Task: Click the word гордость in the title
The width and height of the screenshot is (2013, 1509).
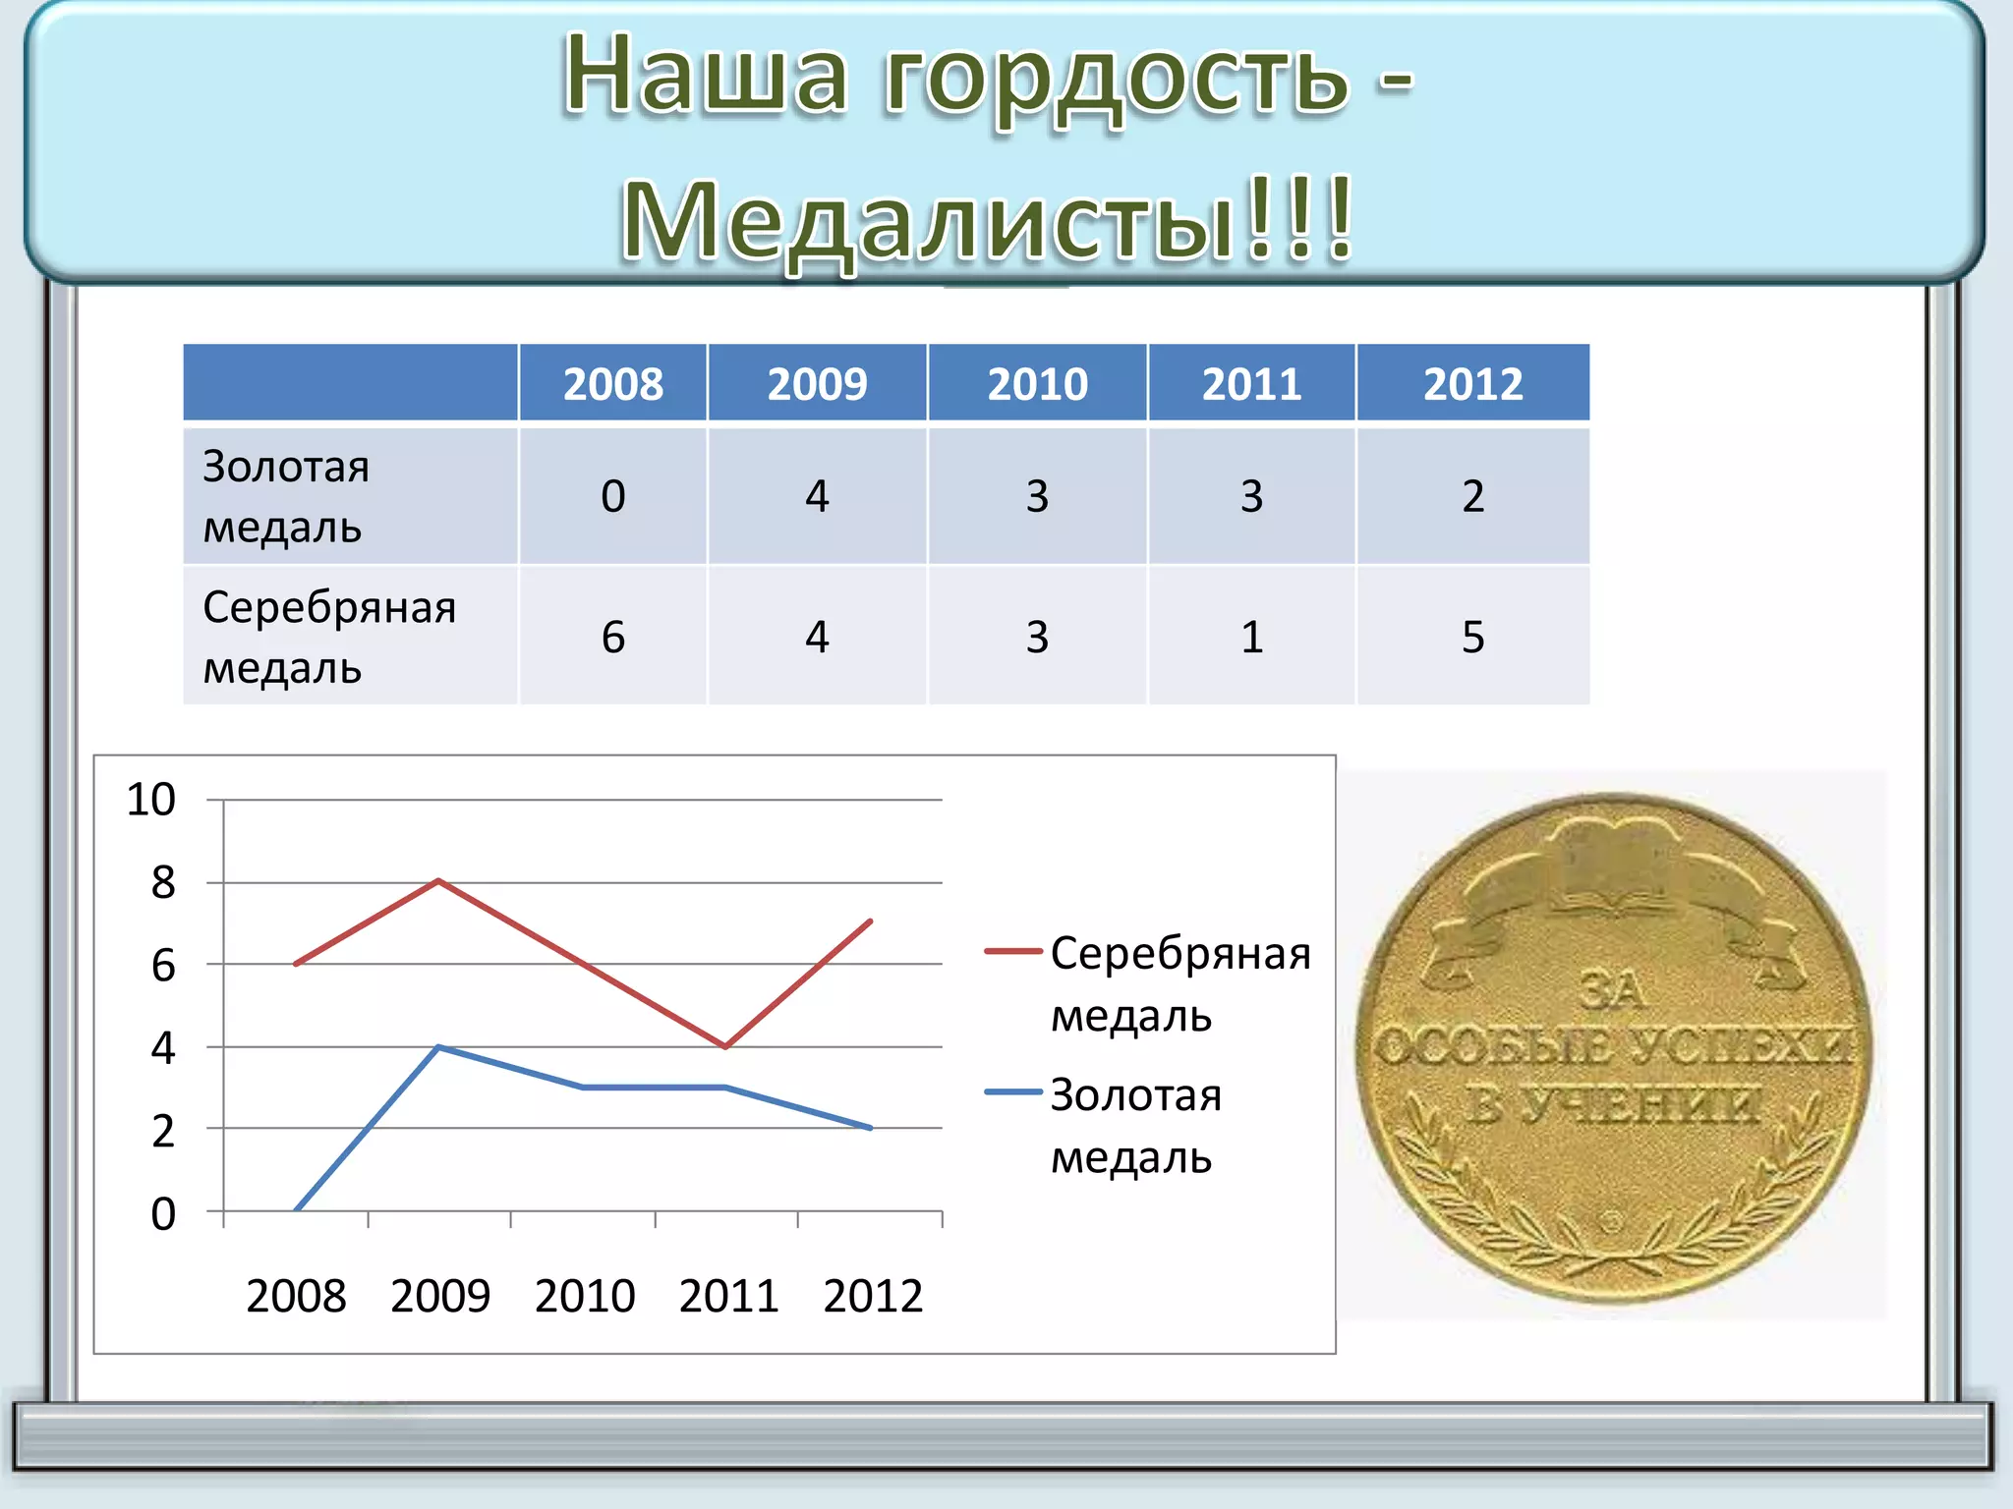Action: coord(1116,79)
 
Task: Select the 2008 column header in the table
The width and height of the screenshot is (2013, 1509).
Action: coord(612,383)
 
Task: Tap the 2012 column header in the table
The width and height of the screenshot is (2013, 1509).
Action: coord(1472,383)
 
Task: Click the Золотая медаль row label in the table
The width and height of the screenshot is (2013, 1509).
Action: coord(285,496)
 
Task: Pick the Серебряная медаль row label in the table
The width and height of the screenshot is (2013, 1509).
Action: coord(328,637)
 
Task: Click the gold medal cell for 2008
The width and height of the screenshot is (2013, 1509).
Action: coord(612,496)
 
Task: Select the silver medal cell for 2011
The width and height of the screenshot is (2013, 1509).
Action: coord(1251,637)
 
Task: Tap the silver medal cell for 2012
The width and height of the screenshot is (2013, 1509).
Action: coord(1472,637)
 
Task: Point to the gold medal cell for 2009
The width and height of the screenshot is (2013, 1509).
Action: coord(817,496)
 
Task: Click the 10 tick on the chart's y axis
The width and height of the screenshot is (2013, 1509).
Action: coord(151,800)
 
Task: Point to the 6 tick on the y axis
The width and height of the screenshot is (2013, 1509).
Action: coord(163,966)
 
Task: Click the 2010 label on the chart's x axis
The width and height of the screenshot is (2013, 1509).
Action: coord(585,1296)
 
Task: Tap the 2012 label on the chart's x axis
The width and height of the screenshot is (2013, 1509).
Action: coord(873,1296)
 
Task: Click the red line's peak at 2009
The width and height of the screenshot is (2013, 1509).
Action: coord(438,881)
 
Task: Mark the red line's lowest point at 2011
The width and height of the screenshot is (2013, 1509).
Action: coord(725,1046)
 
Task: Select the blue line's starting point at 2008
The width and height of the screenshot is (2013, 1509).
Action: coord(296,1209)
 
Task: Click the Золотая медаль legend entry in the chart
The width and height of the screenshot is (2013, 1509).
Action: coord(1135,1125)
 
